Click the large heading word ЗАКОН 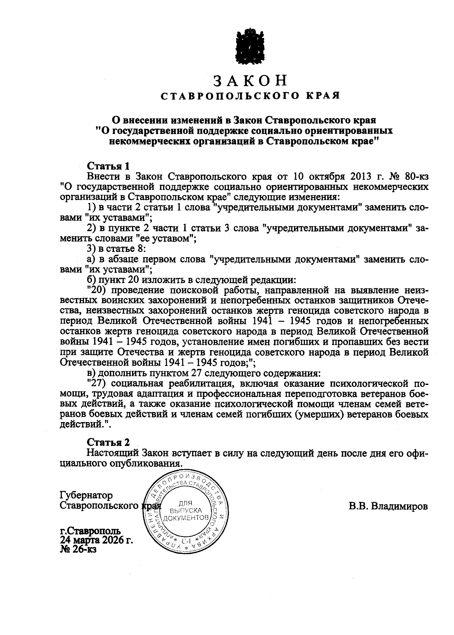[x=250, y=81]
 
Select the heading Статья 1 [x=108, y=166]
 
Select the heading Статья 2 [x=108, y=442]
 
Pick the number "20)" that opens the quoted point [x=96, y=291]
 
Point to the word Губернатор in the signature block [x=86, y=496]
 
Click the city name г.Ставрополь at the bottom [x=90, y=531]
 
